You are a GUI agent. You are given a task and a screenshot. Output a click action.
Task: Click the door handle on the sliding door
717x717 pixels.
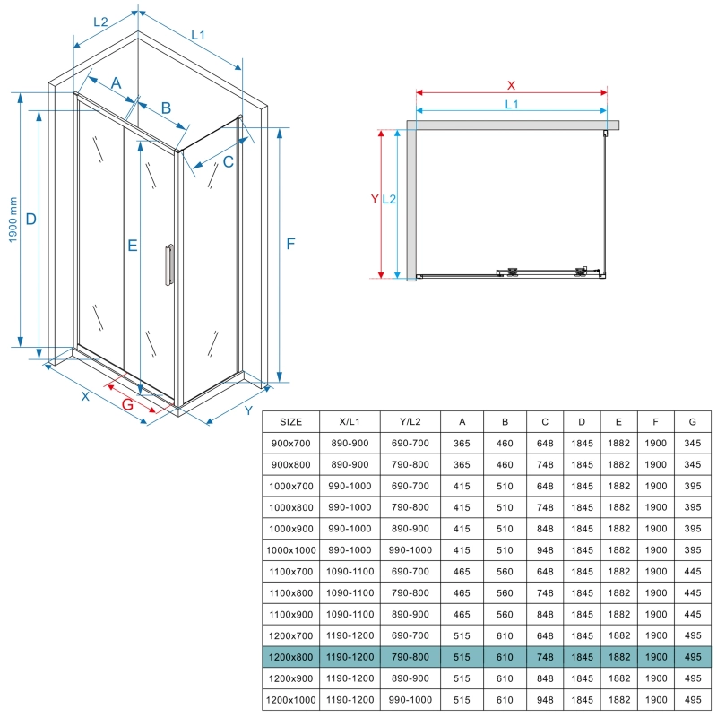point(169,264)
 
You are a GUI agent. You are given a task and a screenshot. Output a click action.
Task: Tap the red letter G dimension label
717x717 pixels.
point(127,404)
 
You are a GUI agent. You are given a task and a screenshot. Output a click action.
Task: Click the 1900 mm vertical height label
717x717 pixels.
point(13,220)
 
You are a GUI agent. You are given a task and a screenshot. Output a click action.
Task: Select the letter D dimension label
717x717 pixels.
point(31,219)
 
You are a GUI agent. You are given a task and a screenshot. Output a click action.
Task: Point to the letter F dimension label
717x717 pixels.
point(290,244)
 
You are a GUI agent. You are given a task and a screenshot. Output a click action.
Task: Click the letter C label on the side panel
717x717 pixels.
point(229,161)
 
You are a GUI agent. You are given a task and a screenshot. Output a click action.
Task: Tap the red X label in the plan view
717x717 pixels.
point(511,85)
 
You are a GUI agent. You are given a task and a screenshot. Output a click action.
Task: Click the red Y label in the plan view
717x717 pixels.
point(375,199)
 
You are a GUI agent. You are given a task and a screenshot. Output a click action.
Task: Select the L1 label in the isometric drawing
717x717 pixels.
point(198,35)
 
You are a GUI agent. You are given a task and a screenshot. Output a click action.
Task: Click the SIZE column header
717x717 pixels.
point(290,421)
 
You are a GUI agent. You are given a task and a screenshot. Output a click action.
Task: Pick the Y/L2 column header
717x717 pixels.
point(410,421)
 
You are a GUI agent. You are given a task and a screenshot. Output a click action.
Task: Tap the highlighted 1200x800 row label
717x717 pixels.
point(290,657)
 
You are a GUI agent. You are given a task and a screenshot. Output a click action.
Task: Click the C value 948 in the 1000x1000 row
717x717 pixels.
point(545,550)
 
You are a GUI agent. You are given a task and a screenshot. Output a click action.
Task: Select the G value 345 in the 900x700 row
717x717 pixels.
point(693,443)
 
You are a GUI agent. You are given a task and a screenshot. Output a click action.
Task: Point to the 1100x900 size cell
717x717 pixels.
point(290,614)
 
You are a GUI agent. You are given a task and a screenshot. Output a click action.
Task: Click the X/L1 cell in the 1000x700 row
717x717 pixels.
point(350,486)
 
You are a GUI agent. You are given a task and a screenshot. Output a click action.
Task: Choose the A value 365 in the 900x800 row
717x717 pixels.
point(462,464)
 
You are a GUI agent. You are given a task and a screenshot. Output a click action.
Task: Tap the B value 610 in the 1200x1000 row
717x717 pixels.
point(505,700)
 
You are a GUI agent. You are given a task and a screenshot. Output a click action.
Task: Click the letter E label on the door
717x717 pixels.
point(133,246)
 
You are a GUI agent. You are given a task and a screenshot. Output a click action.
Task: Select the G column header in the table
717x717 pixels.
point(693,421)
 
